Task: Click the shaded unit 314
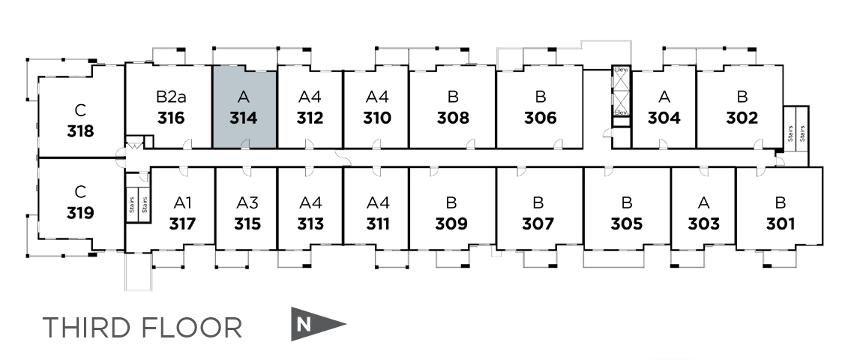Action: (x=244, y=107)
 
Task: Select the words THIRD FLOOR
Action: (x=142, y=328)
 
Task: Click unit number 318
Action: (x=80, y=131)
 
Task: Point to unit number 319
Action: (x=80, y=213)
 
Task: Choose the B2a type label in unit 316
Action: (x=171, y=97)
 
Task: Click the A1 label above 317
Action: (x=182, y=202)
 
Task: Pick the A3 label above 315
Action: (x=247, y=202)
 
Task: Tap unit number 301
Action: (x=781, y=223)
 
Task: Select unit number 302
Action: (x=742, y=118)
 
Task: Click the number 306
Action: (x=540, y=118)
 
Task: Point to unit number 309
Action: (x=451, y=223)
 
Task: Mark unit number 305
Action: (x=626, y=223)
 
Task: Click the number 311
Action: (x=378, y=223)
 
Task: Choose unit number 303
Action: (x=703, y=223)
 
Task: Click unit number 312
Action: (x=310, y=118)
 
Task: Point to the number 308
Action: (x=453, y=118)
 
